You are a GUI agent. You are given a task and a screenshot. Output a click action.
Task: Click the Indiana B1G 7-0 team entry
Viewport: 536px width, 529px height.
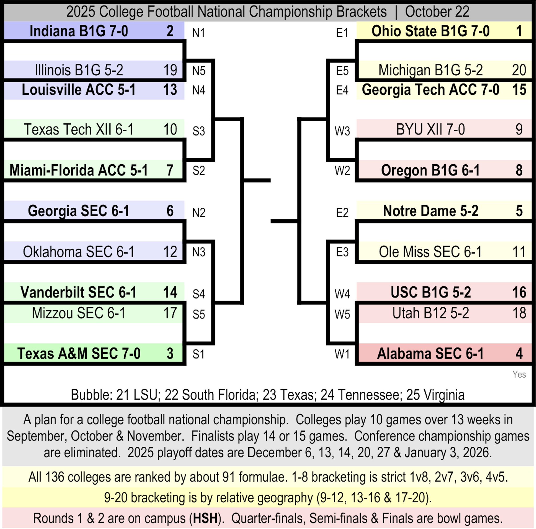79,31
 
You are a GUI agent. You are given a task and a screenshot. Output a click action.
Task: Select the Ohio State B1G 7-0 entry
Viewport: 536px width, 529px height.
430,31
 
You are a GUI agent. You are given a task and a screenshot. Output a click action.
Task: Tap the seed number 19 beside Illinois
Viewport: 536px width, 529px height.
170,70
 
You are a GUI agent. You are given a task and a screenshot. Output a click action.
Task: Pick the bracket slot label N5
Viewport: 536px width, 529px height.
199,71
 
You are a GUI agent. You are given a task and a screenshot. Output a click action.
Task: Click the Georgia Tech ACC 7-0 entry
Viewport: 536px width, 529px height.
430,90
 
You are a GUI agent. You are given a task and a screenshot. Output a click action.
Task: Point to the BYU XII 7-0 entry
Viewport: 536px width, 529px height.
430,129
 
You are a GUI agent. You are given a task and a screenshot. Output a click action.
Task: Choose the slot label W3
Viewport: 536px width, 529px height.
342,131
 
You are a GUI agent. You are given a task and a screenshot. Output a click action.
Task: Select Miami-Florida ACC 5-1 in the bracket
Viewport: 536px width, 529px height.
79,170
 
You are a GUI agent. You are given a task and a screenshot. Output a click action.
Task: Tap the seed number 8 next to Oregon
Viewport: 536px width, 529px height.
519,170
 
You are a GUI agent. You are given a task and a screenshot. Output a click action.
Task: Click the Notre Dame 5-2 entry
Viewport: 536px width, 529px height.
430,211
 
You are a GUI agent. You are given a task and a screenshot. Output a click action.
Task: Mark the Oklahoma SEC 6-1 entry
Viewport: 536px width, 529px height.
79,252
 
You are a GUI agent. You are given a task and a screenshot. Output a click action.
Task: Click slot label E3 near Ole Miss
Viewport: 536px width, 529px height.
342,252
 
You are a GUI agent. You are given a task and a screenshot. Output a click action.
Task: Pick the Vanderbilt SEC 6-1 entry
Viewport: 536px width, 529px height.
79,293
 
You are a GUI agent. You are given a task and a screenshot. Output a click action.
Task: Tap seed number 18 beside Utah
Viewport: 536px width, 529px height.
519,313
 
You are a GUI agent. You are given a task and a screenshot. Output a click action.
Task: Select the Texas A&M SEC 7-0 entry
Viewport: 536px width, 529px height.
79,354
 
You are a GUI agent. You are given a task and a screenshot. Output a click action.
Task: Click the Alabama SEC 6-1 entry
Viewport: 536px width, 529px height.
430,354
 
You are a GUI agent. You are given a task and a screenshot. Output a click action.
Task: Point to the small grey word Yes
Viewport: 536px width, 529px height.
519,374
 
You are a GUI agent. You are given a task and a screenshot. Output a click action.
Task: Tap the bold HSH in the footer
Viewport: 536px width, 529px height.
205,518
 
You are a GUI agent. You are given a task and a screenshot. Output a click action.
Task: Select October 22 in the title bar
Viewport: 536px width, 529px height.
437,12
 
